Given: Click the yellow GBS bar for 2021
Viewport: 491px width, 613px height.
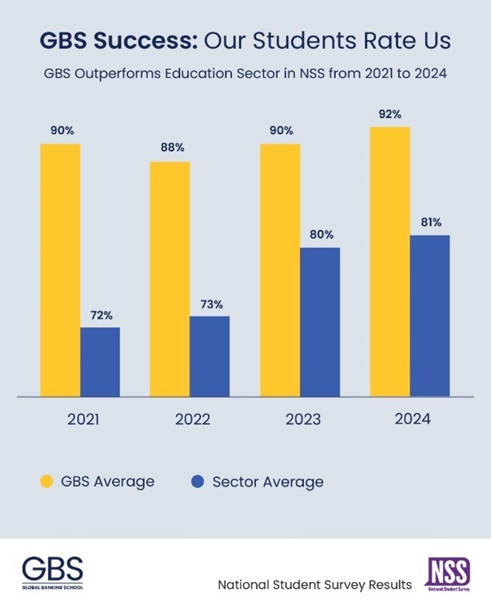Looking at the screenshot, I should click(x=60, y=270).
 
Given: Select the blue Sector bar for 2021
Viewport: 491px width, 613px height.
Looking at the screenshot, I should click(x=100, y=362).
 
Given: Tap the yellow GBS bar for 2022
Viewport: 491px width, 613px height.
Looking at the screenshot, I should click(x=170, y=279).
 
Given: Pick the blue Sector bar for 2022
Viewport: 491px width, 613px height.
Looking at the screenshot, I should click(x=209, y=356).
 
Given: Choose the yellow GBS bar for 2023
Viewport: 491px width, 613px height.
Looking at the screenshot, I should click(x=280, y=270).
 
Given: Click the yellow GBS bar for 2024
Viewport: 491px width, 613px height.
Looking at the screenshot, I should click(x=390, y=262).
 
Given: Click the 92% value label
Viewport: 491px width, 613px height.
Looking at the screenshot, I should click(x=390, y=114).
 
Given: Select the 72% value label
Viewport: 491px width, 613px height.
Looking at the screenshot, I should click(x=100, y=315).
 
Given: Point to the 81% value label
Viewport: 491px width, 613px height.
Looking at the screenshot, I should click(x=430, y=222).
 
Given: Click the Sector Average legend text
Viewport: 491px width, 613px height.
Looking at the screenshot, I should click(x=268, y=481).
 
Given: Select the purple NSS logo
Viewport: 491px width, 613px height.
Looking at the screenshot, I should click(x=448, y=574).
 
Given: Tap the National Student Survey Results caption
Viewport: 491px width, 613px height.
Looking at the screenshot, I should click(x=315, y=584).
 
